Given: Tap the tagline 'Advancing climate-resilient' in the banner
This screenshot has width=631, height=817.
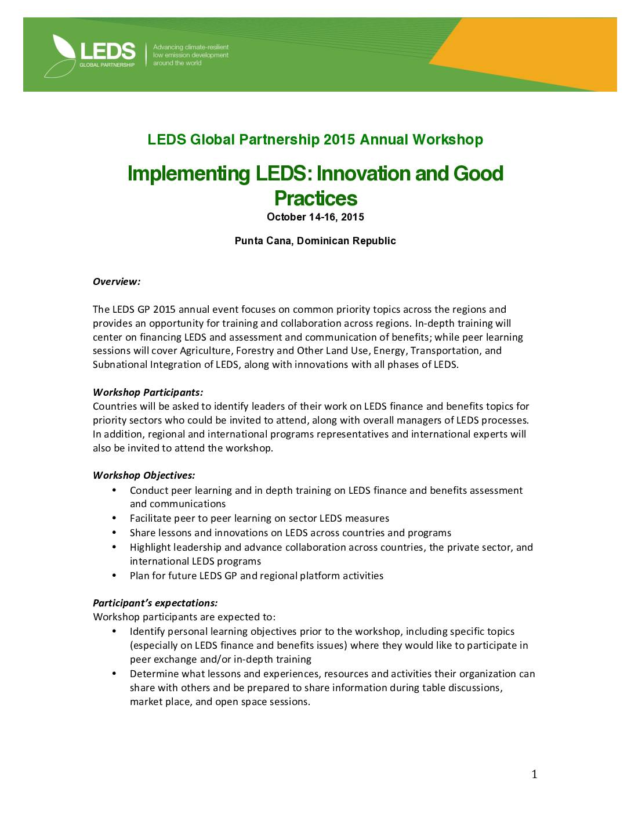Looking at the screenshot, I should (x=191, y=47).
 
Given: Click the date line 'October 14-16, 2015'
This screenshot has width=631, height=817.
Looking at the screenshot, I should (x=315, y=217).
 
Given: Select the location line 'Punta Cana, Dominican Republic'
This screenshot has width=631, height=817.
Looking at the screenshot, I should (x=315, y=241).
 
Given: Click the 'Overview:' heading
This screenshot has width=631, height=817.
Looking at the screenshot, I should (x=117, y=281).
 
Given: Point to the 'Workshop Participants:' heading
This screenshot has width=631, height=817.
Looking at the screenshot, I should (x=148, y=392).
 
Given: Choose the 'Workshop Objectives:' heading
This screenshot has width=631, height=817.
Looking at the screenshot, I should (x=144, y=475).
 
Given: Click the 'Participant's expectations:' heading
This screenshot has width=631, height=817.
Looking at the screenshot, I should (x=155, y=603).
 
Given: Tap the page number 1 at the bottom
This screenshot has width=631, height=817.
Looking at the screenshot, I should (x=534, y=774).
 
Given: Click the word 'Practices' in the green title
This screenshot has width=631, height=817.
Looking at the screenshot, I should (x=315, y=198).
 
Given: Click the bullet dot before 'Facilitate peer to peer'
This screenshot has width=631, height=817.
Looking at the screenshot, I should (x=114, y=518).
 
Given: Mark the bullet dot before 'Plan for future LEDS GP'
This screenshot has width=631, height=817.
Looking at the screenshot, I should (x=114, y=575).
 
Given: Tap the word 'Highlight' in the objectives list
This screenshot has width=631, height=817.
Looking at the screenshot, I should (x=150, y=547).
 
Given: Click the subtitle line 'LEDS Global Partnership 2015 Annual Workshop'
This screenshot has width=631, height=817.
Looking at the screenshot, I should (x=315, y=140).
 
